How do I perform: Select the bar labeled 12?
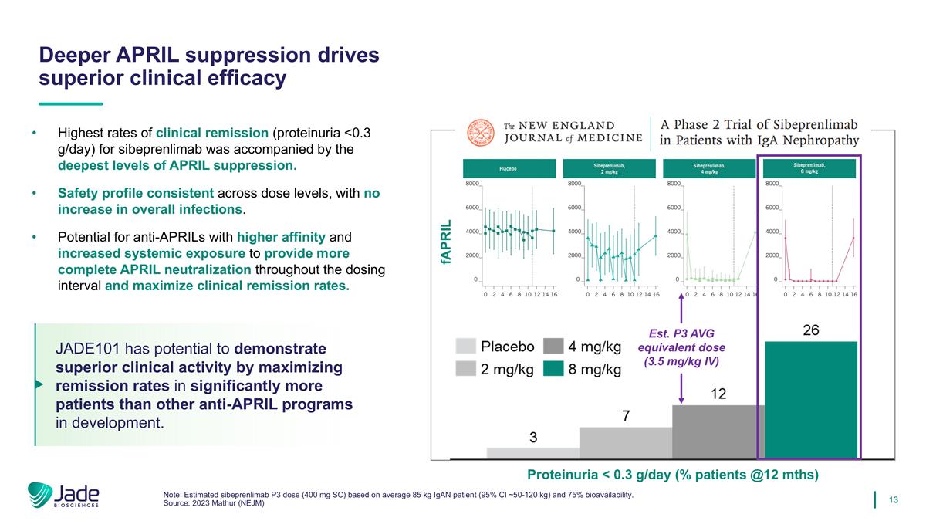(x=718, y=431)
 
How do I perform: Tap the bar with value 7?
(x=625, y=443)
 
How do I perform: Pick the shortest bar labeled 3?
(x=532, y=453)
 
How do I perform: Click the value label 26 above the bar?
(x=810, y=330)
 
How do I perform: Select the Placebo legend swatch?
(x=465, y=346)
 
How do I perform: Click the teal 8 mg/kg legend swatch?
(x=553, y=369)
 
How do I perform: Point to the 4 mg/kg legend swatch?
(x=553, y=346)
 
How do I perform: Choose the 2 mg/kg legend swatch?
(x=465, y=369)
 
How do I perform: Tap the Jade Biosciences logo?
(x=63, y=496)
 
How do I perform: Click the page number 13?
(x=894, y=500)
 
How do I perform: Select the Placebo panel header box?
(x=509, y=168)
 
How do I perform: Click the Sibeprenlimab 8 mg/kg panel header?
(x=809, y=168)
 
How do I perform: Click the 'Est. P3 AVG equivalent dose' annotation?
(x=681, y=347)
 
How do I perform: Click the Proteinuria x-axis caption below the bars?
(x=672, y=475)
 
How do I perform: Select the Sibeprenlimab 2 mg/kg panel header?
(x=609, y=168)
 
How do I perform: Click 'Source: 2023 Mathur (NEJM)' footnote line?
(x=215, y=503)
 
